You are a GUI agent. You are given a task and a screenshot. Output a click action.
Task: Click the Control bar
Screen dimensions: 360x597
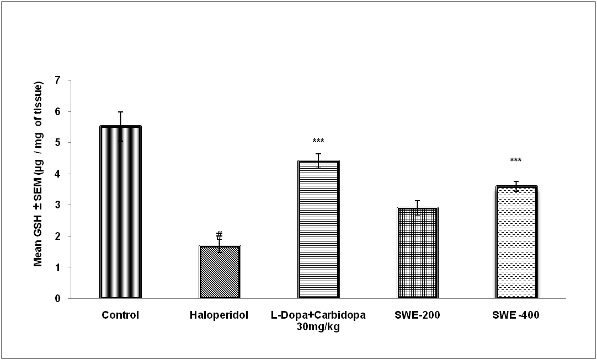[120, 212]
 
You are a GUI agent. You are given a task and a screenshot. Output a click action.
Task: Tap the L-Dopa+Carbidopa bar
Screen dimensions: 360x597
[319, 229]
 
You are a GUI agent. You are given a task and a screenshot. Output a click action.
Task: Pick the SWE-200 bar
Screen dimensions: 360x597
[418, 253]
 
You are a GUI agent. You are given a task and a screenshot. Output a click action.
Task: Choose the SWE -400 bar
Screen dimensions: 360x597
[516, 242]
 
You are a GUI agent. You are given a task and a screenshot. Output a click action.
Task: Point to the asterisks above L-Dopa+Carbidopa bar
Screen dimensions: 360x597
[318, 142]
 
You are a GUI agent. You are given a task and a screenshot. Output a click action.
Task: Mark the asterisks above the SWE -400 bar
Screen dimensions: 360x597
[516, 161]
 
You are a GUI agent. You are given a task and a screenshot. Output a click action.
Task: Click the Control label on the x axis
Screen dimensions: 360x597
[120, 315]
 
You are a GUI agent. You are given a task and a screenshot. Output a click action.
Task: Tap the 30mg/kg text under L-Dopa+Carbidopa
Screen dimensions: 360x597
[318, 326]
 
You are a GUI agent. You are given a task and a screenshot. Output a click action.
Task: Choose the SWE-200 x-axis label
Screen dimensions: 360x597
[418, 315]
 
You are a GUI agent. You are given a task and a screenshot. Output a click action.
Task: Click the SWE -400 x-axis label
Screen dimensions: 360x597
[516, 315]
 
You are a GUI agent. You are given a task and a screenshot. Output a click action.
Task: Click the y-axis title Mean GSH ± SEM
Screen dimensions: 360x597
[38, 174]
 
